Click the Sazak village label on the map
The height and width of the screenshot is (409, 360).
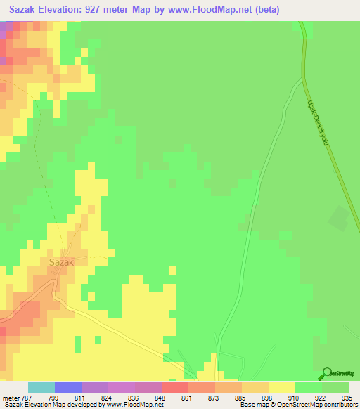pos(62,261)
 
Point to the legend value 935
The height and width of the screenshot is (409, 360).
pos(345,397)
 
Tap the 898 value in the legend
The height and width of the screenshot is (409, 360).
pos(265,397)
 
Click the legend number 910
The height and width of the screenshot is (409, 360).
pos(292,397)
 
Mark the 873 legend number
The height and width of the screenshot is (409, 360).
pos(212,397)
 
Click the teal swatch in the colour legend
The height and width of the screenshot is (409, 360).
pos(41,387)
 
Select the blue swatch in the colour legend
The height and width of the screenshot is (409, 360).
pos(68,387)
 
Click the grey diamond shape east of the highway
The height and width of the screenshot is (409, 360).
pos(339,219)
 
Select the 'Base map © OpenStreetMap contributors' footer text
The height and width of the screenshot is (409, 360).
pos(299,405)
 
